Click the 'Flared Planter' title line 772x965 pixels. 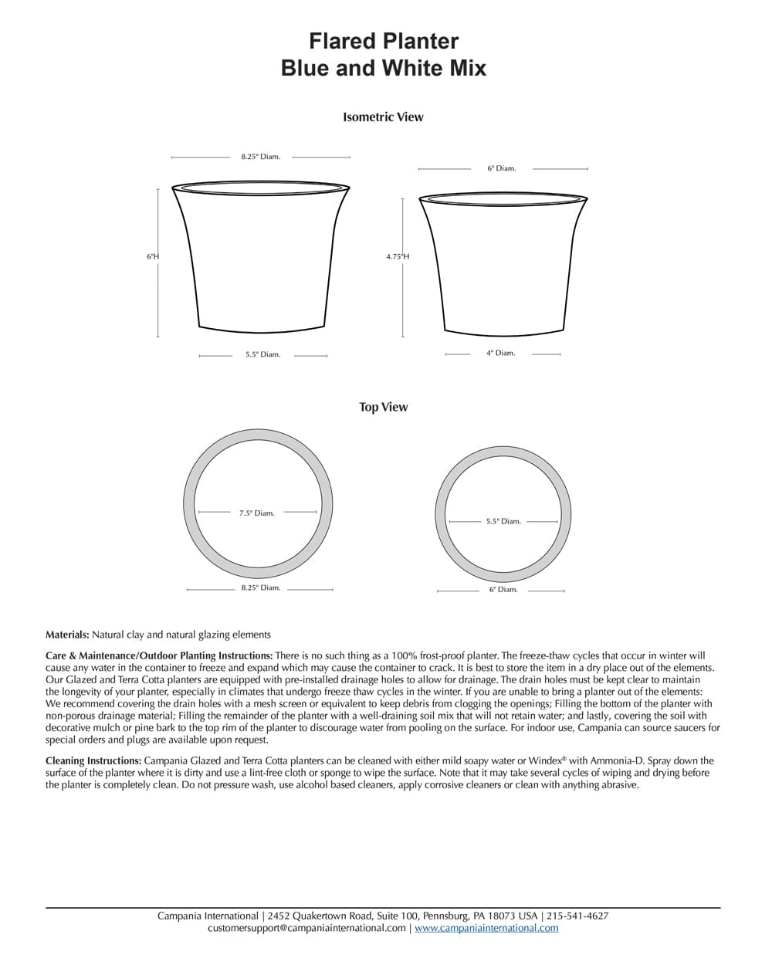[384, 41]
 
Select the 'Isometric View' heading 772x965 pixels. [383, 117]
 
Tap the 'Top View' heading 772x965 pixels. [383, 407]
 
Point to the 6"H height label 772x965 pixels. [152, 256]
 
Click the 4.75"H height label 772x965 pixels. [398, 257]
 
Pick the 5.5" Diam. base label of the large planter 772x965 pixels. [262, 355]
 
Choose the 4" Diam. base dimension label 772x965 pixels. [500, 353]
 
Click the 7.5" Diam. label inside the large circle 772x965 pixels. [257, 513]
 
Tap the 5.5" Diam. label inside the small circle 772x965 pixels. [503, 521]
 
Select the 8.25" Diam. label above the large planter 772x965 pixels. [260, 157]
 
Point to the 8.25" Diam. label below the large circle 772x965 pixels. [260, 587]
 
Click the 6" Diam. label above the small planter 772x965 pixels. [501, 168]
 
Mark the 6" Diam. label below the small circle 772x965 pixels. [503, 590]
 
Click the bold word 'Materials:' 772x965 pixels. [67, 635]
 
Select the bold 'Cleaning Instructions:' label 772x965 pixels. [93, 761]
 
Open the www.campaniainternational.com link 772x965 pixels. [486, 928]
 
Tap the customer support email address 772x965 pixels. [306, 928]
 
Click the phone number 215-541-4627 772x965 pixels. [577, 916]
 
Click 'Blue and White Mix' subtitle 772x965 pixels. [384, 68]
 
